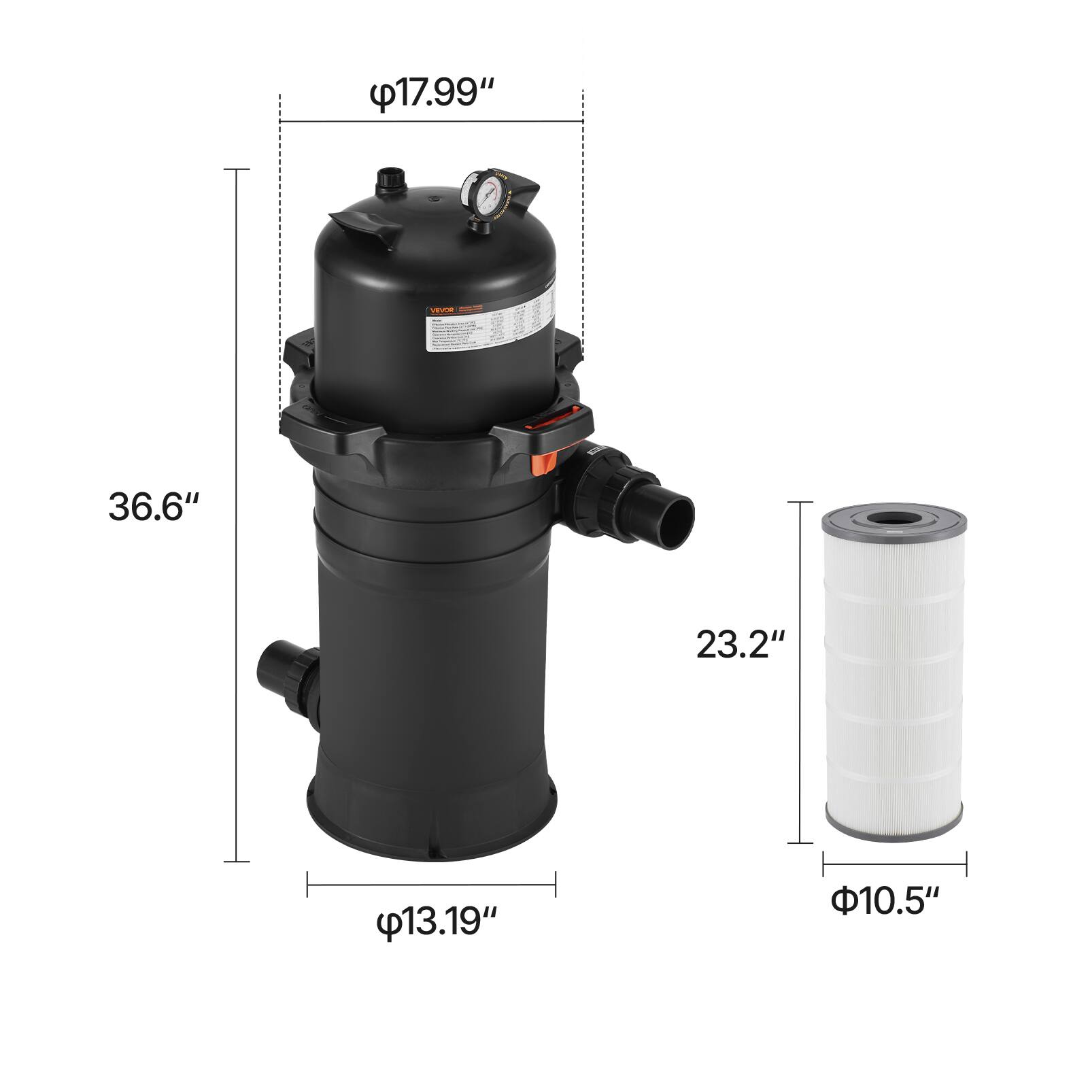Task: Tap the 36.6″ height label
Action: click(x=154, y=507)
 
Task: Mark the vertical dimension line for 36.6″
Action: click(x=237, y=515)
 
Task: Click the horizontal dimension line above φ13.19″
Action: click(x=431, y=885)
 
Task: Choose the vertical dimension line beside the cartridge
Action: click(x=800, y=672)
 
